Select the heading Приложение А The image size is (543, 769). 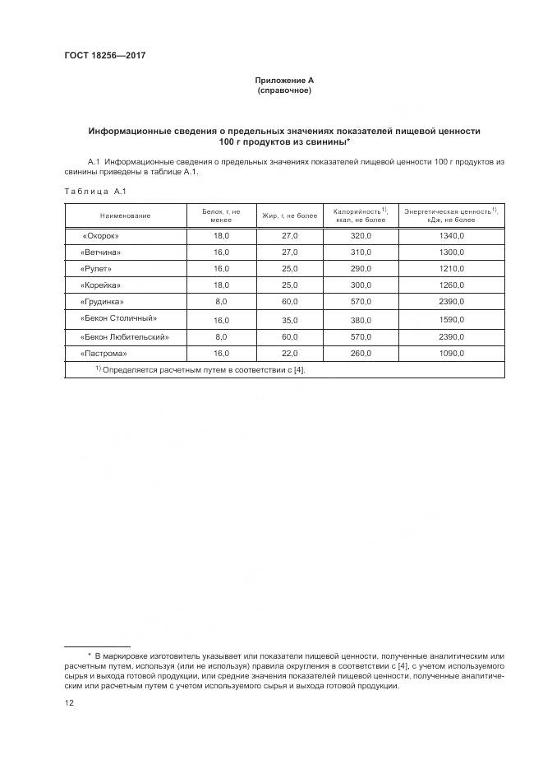[x=284, y=80]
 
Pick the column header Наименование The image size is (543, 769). [x=126, y=215]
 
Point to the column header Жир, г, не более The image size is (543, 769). [x=289, y=215]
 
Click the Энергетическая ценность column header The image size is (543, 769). [x=451, y=215]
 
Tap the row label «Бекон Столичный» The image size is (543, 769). [x=118, y=317]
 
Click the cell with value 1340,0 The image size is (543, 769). [x=451, y=235]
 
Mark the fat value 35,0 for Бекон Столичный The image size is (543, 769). [x=289, y=320]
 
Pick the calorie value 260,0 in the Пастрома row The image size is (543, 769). [x=360, y=353]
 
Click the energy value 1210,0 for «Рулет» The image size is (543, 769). [x=451, y=268]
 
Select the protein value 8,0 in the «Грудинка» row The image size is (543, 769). [x=221, y=302]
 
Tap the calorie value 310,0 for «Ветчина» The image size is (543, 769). [x=360, y=252]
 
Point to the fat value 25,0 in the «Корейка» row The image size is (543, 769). [x=289, y=285]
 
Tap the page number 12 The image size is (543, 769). [x=69, y=703]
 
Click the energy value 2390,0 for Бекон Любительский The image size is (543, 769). [x=451, y=336]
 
